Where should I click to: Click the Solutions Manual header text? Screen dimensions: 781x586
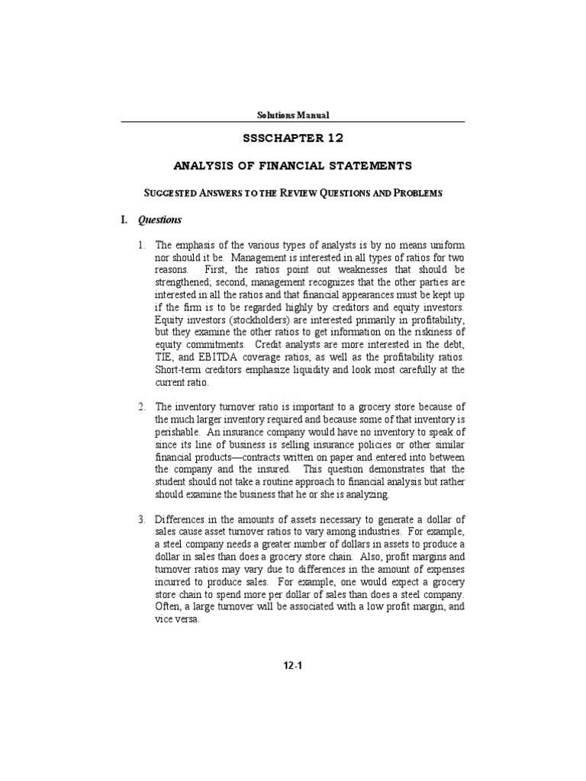(293, 114)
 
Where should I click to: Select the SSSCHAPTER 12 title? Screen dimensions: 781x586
(293, 138)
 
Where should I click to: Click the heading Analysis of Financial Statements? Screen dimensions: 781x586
(293, 166)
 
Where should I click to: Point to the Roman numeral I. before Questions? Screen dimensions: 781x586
(125, 220)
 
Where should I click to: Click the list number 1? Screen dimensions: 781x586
(141, 246)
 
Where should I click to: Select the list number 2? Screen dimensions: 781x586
(141, 406)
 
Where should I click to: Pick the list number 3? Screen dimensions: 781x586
(141, 520)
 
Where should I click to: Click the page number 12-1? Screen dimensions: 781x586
(293, 665)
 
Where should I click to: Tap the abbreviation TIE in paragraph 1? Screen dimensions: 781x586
(166, 357)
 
